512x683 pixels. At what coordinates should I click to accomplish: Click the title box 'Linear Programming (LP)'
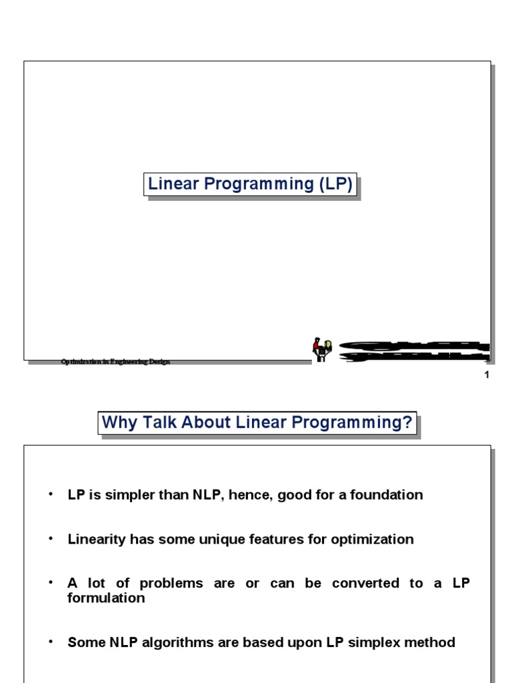tap(249, 184)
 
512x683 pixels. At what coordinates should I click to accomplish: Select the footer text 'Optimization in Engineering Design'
tap(115, 362)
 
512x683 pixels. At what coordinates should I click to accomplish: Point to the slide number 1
tap(487, 375)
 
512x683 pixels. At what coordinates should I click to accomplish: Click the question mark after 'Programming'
tap(407, 423)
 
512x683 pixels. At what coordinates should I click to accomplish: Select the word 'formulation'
tap(106, 598)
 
